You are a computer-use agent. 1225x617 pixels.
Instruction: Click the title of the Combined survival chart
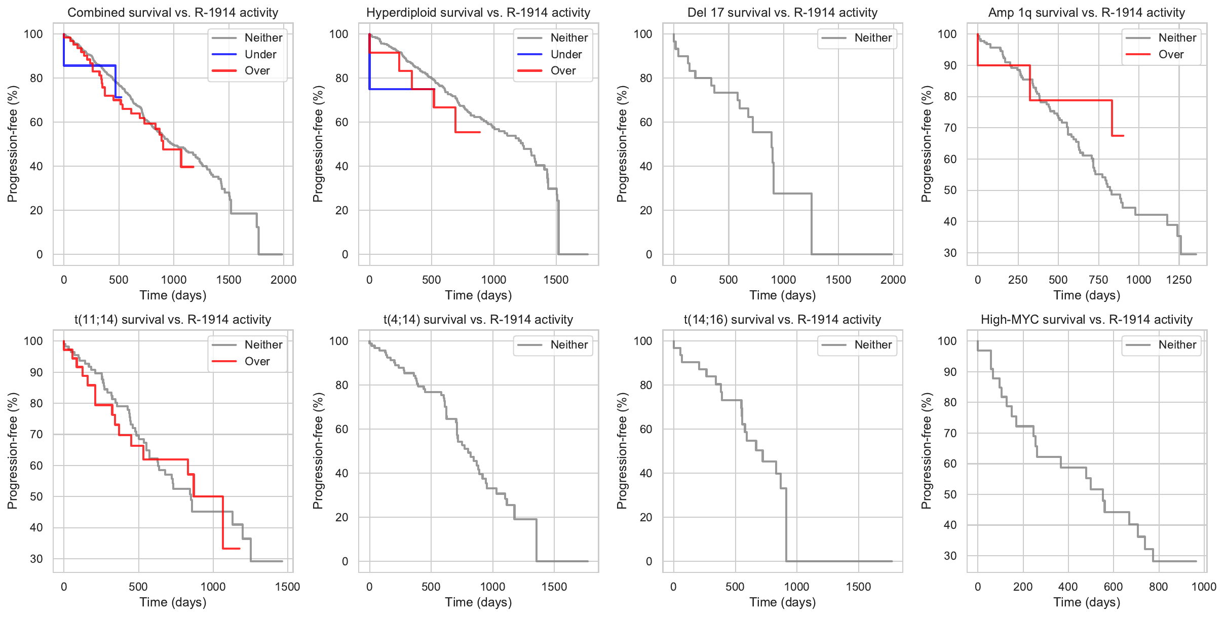point(173,12)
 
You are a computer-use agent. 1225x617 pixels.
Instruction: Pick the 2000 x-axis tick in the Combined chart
point(283,280)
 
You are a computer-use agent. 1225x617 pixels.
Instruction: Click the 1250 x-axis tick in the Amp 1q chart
point(1179,280)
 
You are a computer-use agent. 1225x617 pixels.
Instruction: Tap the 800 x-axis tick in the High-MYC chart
point(1159,587)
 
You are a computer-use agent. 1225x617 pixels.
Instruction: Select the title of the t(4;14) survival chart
point(478,319)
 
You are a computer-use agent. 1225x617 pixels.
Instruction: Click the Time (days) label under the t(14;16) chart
point(782,602)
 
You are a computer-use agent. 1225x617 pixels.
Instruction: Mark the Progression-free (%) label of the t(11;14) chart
point(12,451)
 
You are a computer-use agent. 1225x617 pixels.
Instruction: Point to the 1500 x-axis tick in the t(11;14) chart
point(287,587)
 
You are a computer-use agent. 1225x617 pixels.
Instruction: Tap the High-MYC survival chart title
point(1086,319)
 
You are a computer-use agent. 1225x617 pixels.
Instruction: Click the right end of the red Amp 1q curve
point(1123,136)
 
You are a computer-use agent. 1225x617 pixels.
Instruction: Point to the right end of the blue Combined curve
point(121,97)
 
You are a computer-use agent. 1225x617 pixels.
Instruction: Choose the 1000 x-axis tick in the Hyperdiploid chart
point(493,280)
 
